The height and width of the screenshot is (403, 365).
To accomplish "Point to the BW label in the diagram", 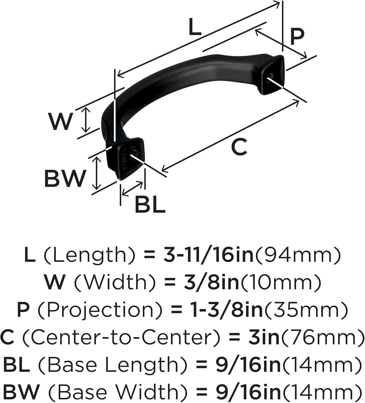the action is (x=65, y=178).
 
